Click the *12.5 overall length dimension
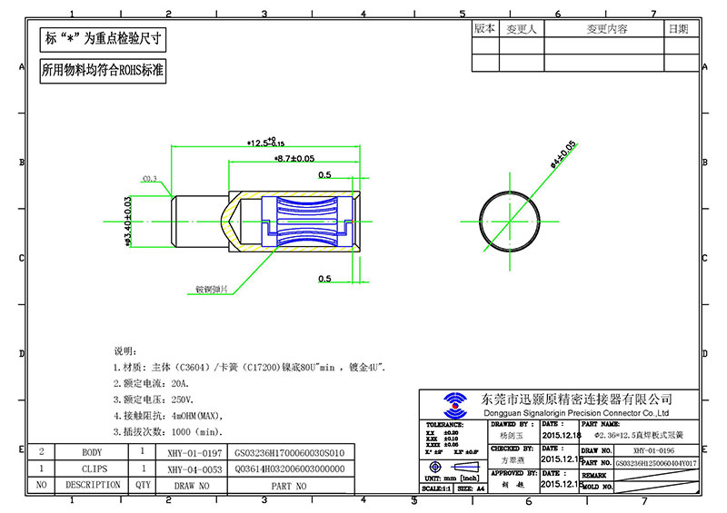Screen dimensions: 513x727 [265, 143]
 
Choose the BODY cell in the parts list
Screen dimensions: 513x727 [93, 451]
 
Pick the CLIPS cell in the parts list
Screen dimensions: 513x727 [93, 469]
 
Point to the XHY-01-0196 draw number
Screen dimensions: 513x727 [655, 449]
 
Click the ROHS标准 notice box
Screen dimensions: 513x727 [102, 72]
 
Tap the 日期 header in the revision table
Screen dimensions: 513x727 [678, 29]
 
